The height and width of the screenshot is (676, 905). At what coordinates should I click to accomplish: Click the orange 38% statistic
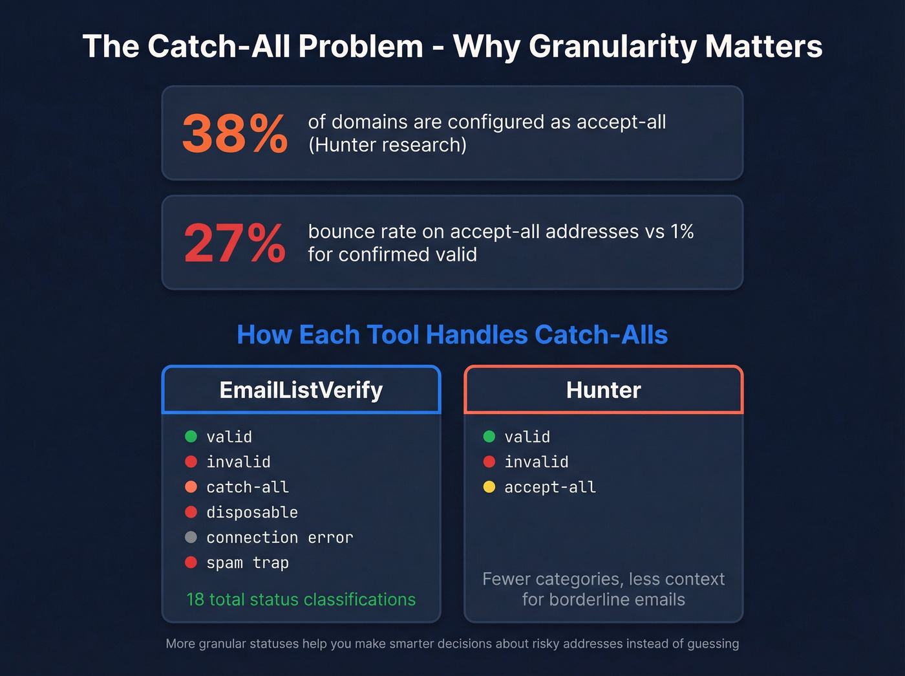pyautogui.click(x=235, y=134)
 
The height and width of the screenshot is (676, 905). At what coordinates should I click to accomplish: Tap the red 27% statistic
pyautogui.click(x=235, y=243)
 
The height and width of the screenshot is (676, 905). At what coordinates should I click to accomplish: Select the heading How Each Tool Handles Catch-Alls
pyautogui.click(x=452, y=335)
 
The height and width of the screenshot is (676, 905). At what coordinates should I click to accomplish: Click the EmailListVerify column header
pyautogui.click(x=301, y=390)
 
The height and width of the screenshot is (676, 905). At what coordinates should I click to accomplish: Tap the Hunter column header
pyautogui.click(x=603, y=390)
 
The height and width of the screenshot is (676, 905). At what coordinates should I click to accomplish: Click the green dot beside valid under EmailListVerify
pyautogui.click(x=191, y=437)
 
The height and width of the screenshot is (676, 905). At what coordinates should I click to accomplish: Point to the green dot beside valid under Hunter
pyautogui.click(x=489, y=437)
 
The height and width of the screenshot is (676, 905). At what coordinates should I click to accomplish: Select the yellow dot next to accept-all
pyautogui.click(x=489, y=487)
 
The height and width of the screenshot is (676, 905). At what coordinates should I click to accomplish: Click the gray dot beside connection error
pyautogui.click(x=191, y=537)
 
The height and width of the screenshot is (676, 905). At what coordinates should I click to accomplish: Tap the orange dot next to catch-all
pyautogui.click(x=191, y=487)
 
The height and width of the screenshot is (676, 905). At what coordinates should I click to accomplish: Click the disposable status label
pyautogui.click(x=252, y=512)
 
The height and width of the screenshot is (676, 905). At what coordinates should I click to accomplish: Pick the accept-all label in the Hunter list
pyautogui.click(x=550, y=487)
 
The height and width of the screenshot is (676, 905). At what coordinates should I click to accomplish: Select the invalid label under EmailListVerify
pyautogui.click(x=239, y=462)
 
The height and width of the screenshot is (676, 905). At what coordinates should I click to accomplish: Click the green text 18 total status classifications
pyautogui.click(x=301, y=600)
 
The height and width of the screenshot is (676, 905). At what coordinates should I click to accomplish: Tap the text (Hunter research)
pyautogui.click(x=387, y=145)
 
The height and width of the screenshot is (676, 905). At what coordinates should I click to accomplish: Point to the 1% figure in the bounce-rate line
pyautogui.click(x=681, y=232)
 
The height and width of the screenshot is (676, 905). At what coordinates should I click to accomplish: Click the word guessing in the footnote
pyautogui.click(x=713, y=644)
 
